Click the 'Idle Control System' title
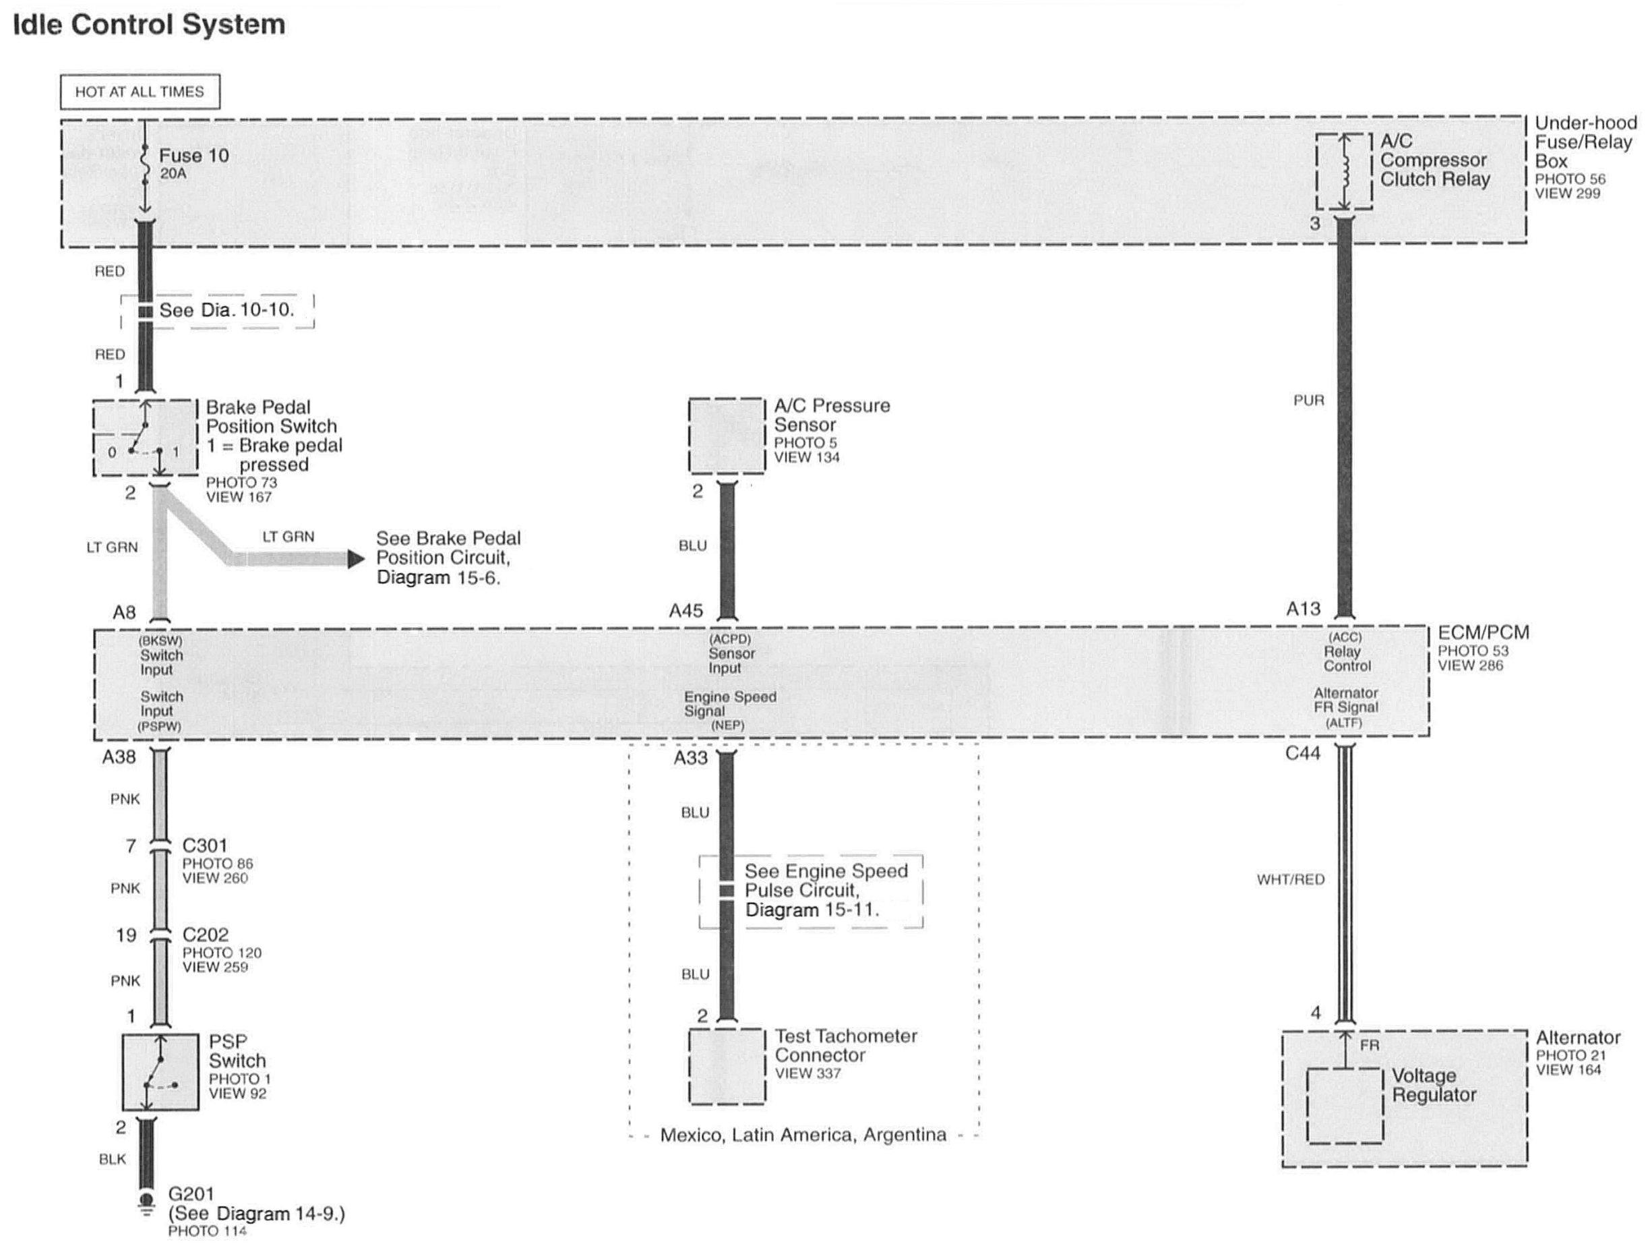[149, 24]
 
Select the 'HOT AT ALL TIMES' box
[140, 92]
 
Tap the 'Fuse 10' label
[193, 156]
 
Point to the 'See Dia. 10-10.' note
[226, 310]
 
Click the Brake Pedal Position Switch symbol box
[146, 438]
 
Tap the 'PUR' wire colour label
[1308, 401]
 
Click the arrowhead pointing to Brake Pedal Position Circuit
[356, 558]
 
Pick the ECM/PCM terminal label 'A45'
[685, 611]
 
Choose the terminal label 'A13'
[1302, 609]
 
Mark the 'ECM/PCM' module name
[1483, 632]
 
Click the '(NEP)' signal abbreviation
[727, 725]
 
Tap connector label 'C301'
[205, 845]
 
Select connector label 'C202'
[205, 934]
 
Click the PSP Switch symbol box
[160, 1071]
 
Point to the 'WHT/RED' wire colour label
[1290, 880]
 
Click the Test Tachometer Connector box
[727, 1067]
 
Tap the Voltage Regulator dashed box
[1345, 1106]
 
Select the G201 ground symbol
[147, 1201]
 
